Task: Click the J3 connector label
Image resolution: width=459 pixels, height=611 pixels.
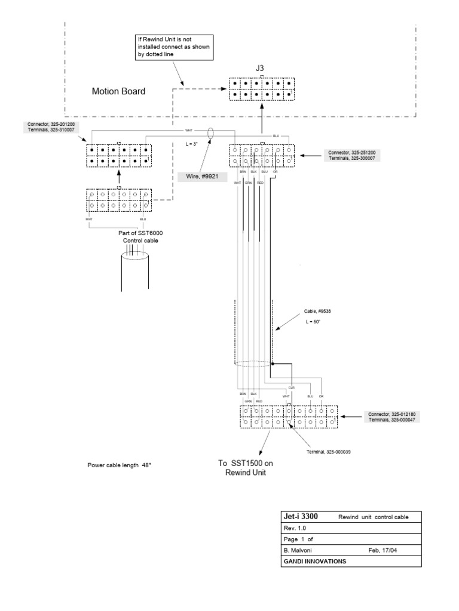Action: [260, 68]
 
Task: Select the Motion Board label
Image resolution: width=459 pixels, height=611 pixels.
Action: [118, 92]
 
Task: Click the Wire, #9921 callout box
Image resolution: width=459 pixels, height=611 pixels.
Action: [200, 177]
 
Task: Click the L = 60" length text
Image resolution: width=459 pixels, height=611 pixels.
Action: [314, 322]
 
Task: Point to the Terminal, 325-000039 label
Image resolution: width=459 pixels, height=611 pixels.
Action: [329, 452]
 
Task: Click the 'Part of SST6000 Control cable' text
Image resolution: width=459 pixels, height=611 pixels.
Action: [141, 237]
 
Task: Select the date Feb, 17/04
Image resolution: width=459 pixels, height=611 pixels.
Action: [386, 550]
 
